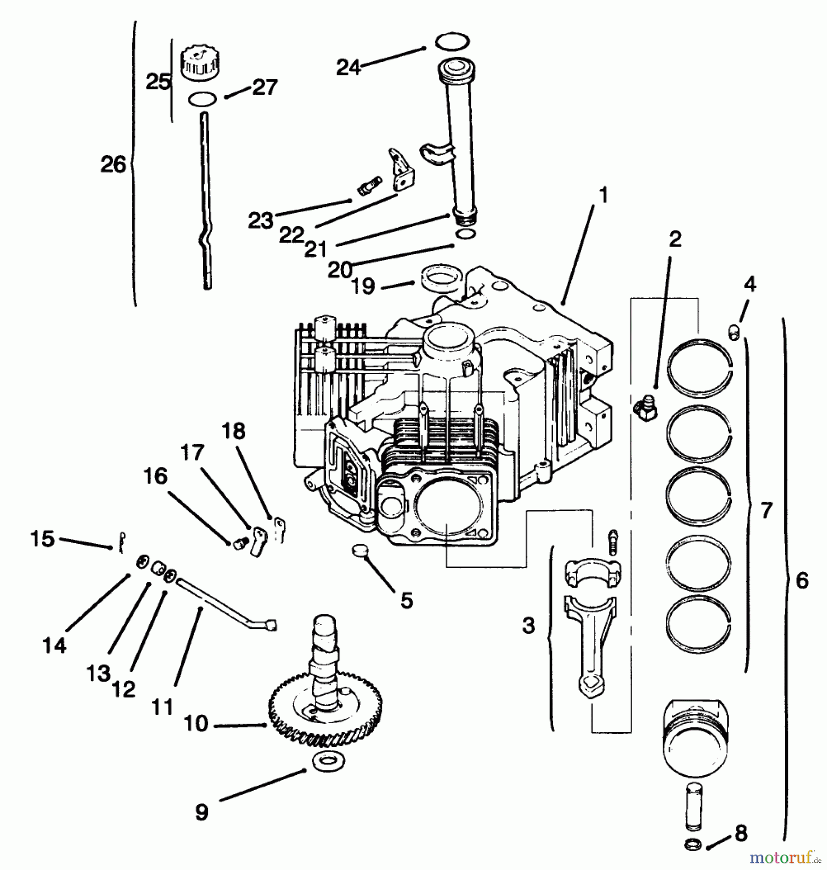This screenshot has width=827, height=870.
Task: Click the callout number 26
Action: coord(113,164)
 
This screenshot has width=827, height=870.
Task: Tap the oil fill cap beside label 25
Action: coord(199,63)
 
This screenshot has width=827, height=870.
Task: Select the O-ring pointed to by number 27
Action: coord(202,99)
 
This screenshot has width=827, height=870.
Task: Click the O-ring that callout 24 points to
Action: coord(452,42)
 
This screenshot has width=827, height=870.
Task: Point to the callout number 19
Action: coord(363,286)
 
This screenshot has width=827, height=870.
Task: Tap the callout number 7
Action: coord(766,510)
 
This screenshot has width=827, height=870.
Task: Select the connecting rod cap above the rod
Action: coord(593,572)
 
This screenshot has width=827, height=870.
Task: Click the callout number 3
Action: coord(529,625)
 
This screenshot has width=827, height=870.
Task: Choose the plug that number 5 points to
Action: coord(360,550)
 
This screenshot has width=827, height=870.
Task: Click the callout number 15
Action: coord(43,538)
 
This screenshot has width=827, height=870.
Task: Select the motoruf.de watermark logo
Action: coord(784,858)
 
